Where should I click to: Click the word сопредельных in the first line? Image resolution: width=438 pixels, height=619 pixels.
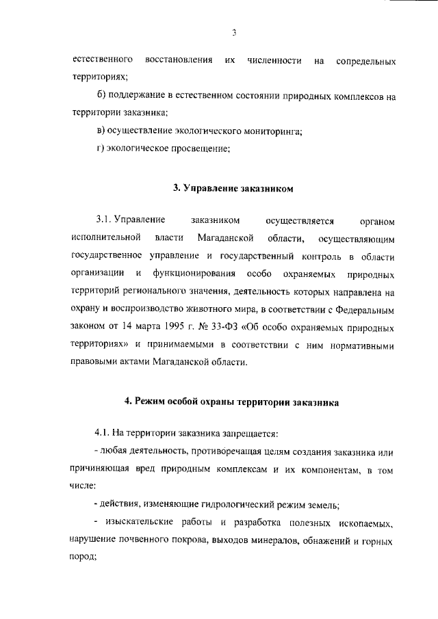click(366, 61)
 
